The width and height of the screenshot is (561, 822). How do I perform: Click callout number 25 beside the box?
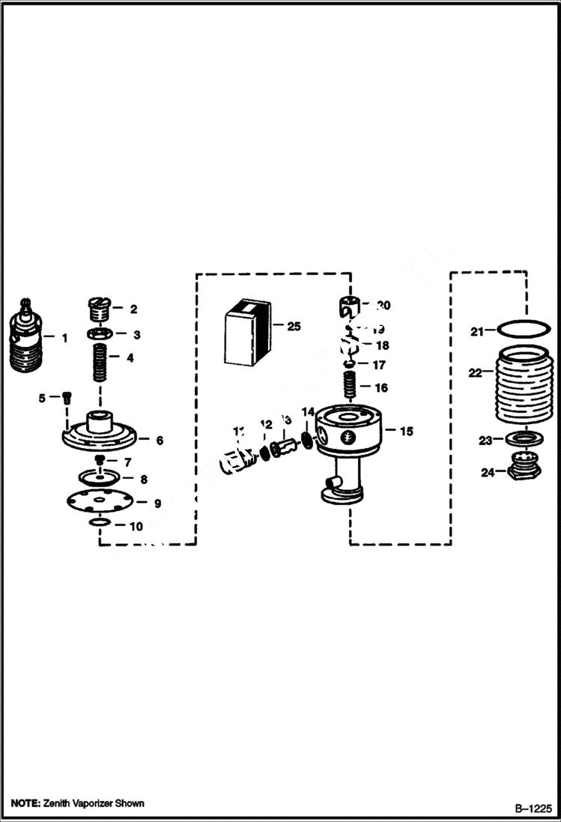(x=293, y=326)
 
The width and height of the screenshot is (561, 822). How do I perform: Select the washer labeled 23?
(x=520, y=439)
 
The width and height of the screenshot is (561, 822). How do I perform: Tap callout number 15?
(x=407, y=432)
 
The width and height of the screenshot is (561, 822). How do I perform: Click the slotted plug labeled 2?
(x=99, y=308)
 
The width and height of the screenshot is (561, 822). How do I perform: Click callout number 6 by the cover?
(x=159, y=441)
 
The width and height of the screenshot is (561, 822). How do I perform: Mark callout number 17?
(x=380, y=366)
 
